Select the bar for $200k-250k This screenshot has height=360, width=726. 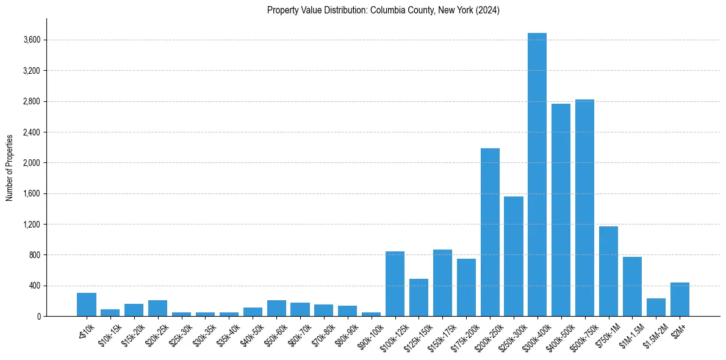[490, 232]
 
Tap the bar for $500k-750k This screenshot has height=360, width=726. [584, 207]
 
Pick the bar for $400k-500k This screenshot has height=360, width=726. [561, 210]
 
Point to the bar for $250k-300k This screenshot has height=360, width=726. [514, 256]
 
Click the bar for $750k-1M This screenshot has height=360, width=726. [608, 271]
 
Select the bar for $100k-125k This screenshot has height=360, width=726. [395, 284]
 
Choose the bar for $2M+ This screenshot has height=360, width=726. [680, 299]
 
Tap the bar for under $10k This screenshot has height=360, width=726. [87, 304]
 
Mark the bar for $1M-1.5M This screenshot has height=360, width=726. [632, 286]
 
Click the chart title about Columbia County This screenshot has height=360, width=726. [383, 10]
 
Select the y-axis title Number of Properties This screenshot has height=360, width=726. [10, 167]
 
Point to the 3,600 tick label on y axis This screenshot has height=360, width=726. [31, 40]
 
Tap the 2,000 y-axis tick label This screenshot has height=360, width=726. [31, 163]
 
